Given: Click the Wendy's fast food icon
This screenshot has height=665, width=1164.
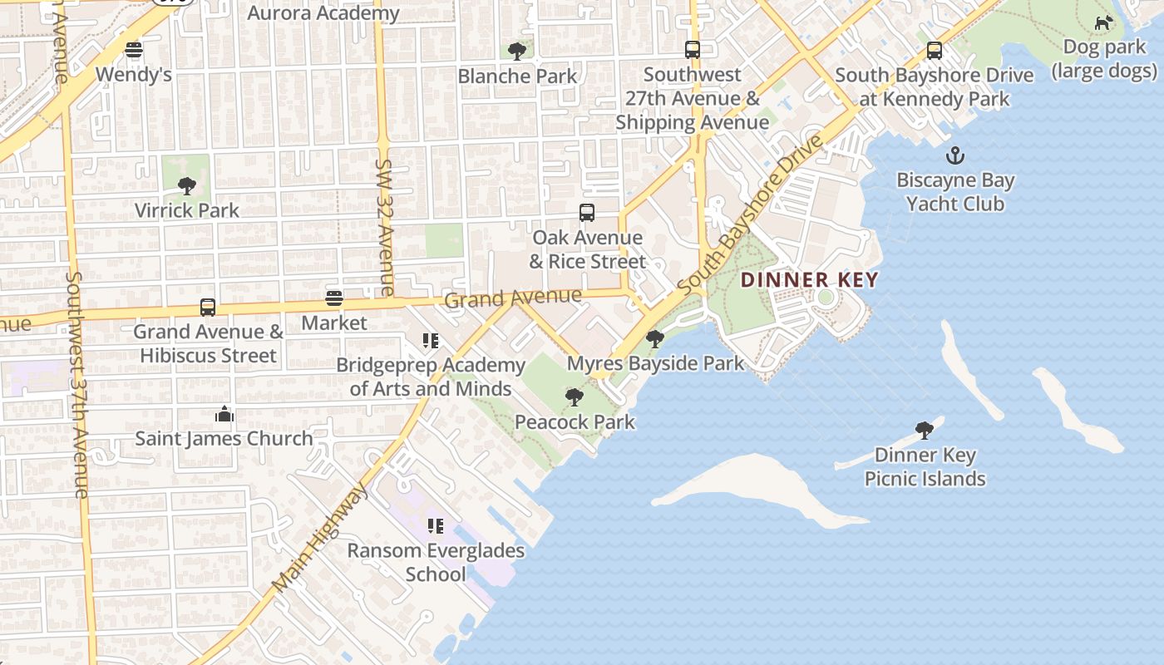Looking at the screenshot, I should pyautogui.click(x=134, y=50).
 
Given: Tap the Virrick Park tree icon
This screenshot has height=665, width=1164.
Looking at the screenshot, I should pyautogui.click(x=187, y=185).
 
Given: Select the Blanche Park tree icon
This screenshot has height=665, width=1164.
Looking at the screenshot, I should pyautogui.click(x=517, y=52).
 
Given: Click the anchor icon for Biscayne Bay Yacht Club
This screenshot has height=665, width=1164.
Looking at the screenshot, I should pyautogui.click(x=955, y=155).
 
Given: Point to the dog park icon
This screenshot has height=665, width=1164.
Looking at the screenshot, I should pyautogui.click(x=1103, y=22).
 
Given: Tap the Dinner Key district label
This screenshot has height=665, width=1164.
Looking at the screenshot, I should pyautogui.click(x=809, y=280).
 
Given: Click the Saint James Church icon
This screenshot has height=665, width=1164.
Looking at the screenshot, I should pyautogui.click(x=224, y=414).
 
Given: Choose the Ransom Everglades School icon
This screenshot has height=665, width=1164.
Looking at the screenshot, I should pyautogui.click(x=435, y=526).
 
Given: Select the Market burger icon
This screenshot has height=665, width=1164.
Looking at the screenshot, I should pyautogui.click(x=334, y=298).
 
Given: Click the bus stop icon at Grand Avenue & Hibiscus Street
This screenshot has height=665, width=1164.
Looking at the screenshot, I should pyautogui.click(x=208, y=308).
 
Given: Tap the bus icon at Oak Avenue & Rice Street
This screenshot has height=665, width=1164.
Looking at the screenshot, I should pyautogui.click(x=587, y=213).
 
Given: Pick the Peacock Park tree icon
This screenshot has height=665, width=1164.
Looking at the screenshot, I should pyautogui.click(x=574, y=397).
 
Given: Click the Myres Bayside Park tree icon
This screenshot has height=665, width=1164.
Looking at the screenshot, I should pyautogui.click(x=655, y=339).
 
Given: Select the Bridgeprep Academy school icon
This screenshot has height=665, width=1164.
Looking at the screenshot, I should pyautogui.click(x=430, y=341).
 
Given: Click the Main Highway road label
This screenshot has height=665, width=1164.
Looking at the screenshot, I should pyautogui.click(x=321, y=538).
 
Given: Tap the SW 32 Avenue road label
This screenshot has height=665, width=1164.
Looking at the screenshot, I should pyautogui.click(x=385, y=228).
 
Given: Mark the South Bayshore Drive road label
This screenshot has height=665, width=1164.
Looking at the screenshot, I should pyautogui.click(x=750, y=214).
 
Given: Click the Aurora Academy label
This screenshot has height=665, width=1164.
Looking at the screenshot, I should pyautogui.click(x=323, y=13).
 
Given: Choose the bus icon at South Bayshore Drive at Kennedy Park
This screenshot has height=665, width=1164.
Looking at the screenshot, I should pyautogui.click(x=935, y=51).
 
